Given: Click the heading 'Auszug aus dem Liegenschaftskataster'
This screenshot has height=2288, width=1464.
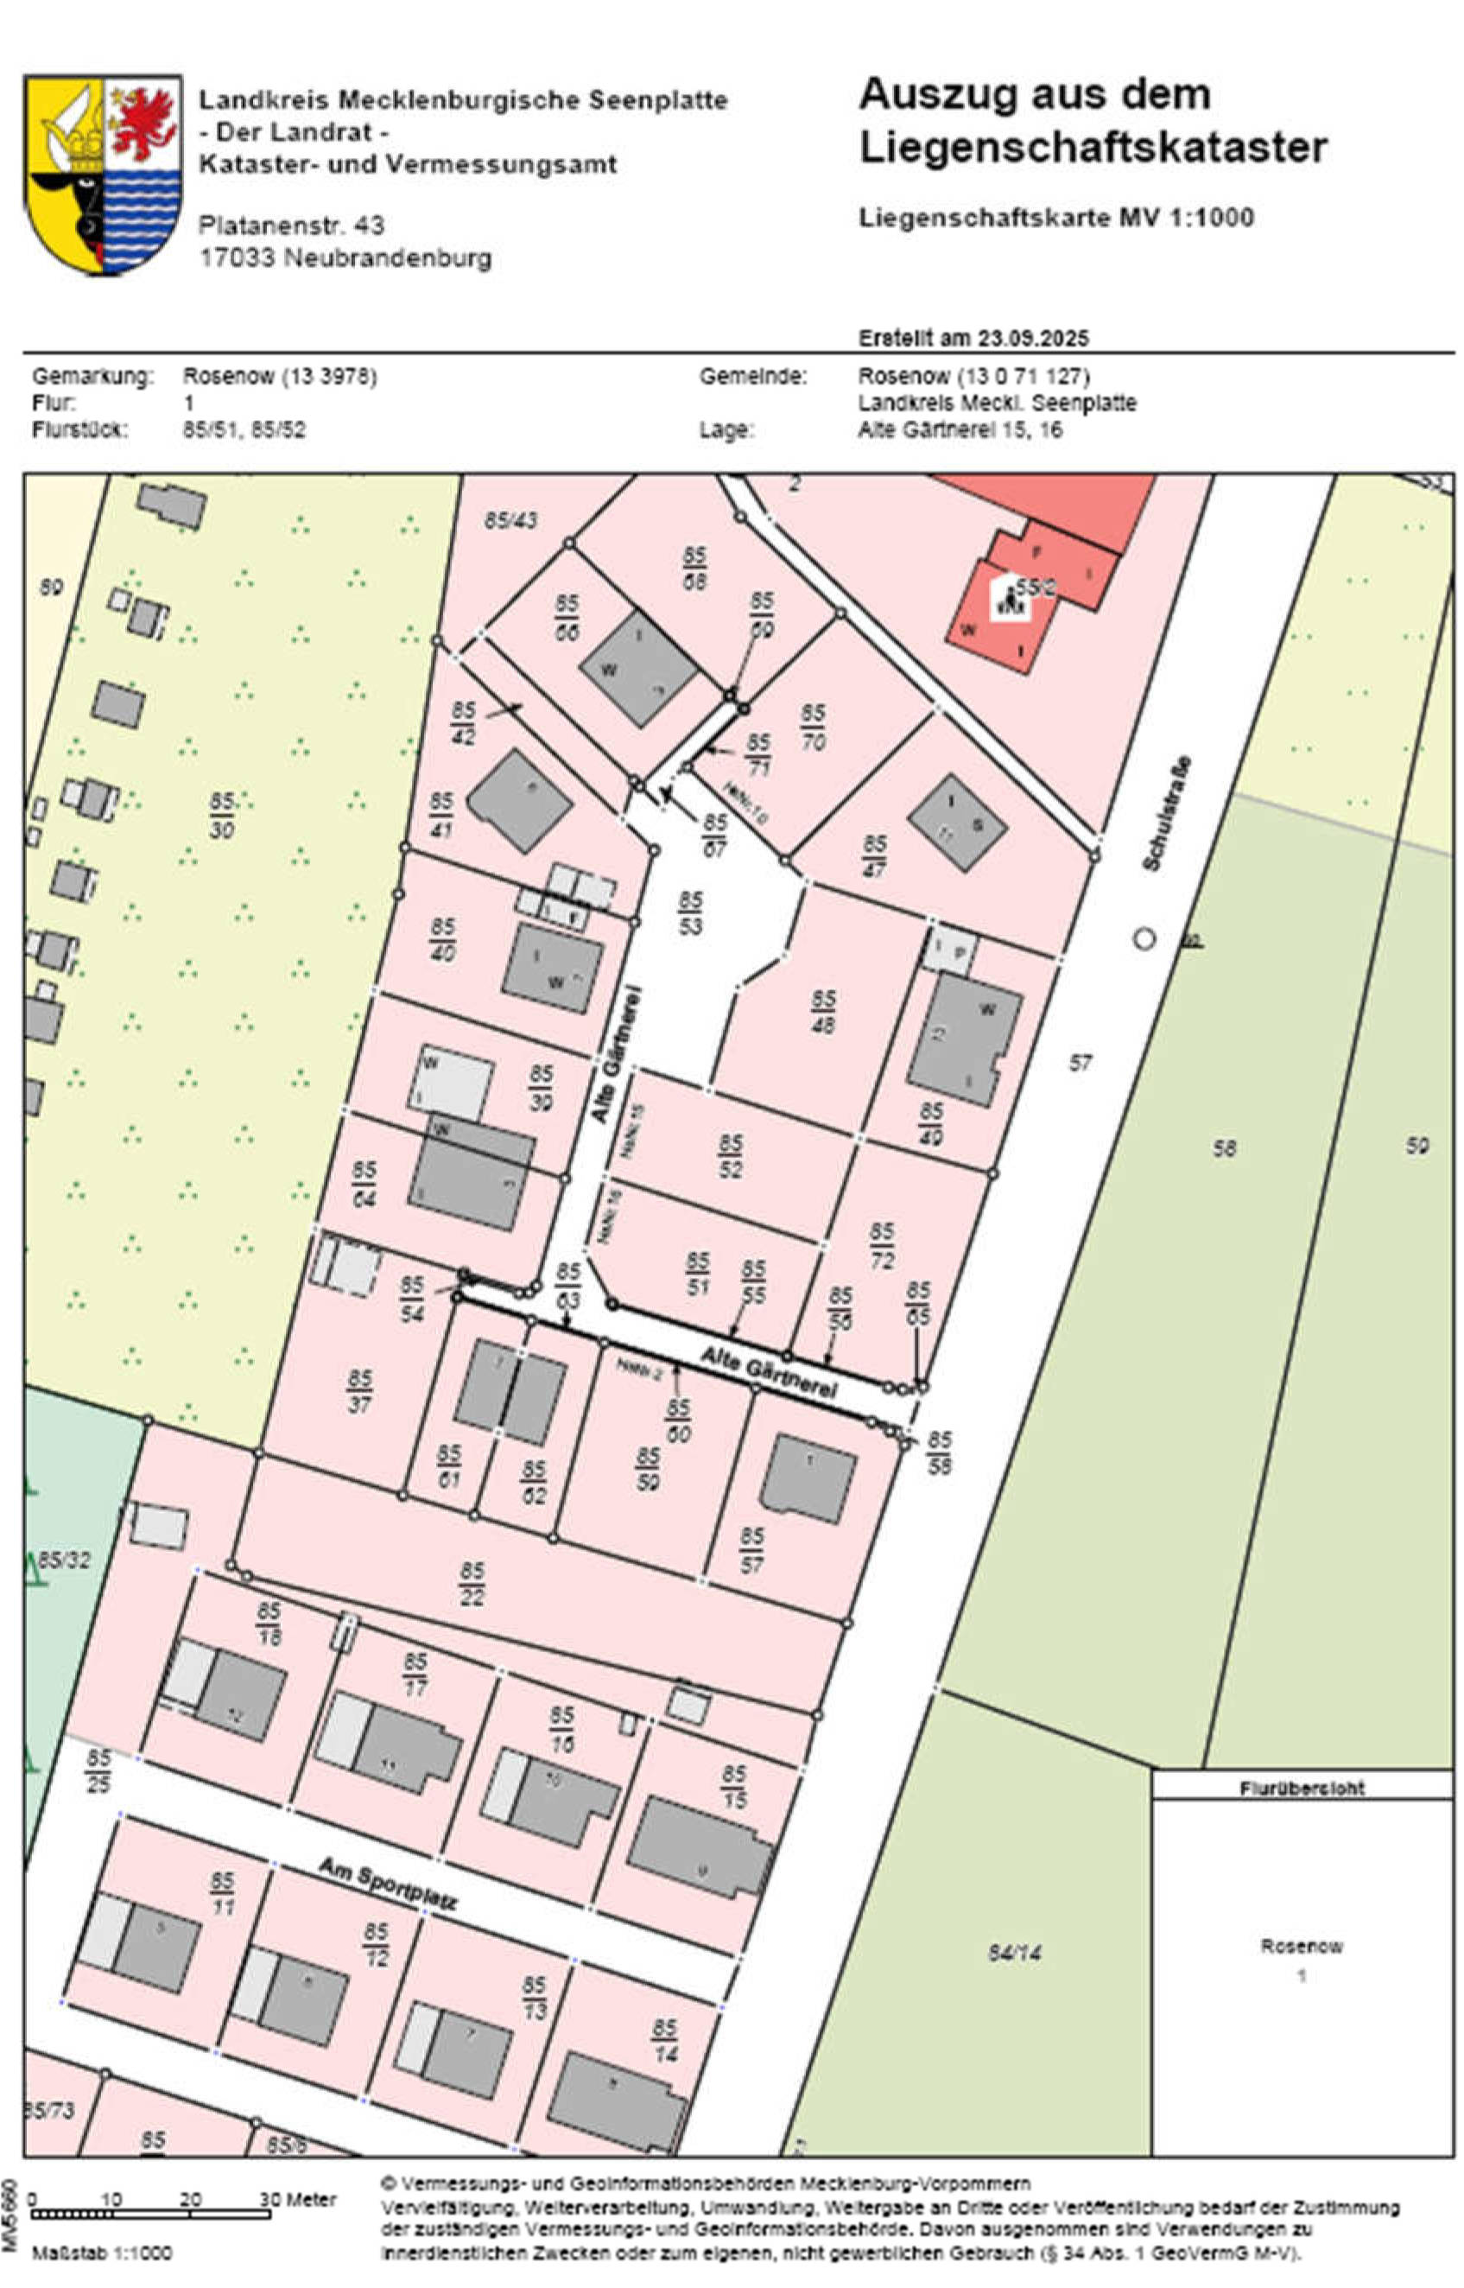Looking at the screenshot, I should coord(1093,121).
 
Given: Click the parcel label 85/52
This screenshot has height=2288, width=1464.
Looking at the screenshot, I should coord(730,1156).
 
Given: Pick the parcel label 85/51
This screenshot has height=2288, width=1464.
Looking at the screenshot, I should coord(698,1274).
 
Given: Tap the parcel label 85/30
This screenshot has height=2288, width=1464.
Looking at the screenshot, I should coord(221,817).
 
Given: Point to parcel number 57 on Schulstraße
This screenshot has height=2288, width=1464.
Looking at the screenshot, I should coord(1080,1063).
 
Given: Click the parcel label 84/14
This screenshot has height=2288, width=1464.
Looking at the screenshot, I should coord(1014,1954).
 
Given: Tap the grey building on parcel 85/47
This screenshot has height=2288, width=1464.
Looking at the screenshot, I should coord(956,823).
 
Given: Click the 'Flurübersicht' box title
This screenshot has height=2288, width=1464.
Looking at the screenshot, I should coord(1302,1788).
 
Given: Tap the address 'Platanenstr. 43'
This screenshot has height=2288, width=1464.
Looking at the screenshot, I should coord(291,226).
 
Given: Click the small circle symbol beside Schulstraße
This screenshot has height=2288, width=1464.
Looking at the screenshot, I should coord(1144,939).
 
